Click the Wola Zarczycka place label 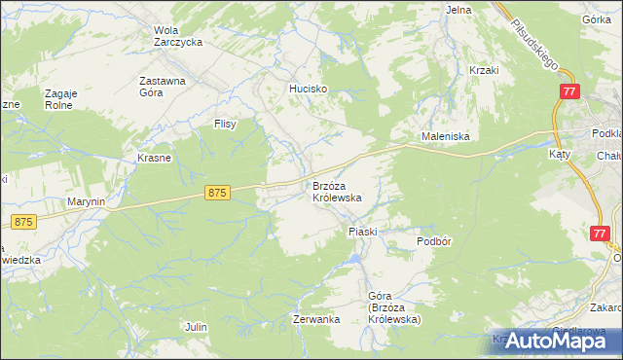(177, 36)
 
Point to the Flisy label (226, 124)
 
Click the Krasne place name (154, 158)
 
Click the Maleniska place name (445, 137)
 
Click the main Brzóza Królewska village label (337, 191)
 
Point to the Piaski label (362, 232)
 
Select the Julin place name (196, 327)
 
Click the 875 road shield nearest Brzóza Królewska (217, 194)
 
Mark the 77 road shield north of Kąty (569, 90)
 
